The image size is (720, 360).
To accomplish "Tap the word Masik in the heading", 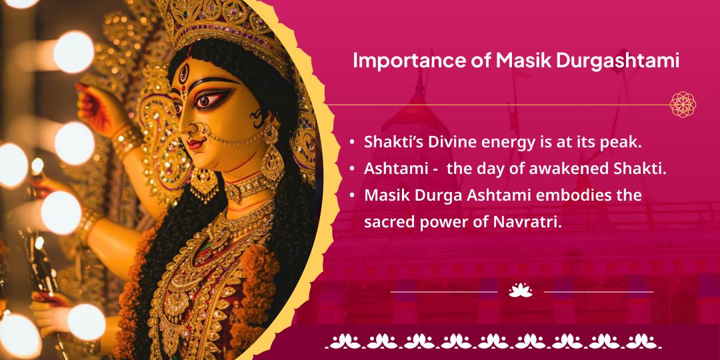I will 517,61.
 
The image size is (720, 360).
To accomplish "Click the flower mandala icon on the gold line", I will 683,105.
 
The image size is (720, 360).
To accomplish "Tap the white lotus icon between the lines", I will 521,291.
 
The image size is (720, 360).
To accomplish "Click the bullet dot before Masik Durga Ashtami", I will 352,196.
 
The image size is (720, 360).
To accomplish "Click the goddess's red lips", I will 195,144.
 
